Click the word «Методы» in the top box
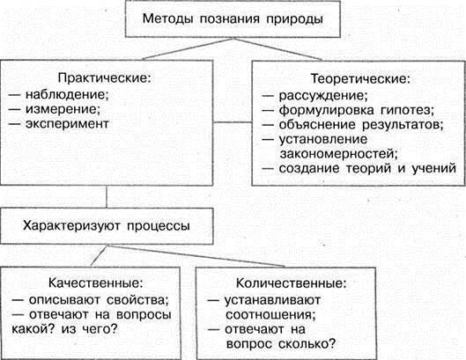point(168,19)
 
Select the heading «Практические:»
point(104,78)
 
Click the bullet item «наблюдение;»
point(67,94)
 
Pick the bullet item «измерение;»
point(63,109)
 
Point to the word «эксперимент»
point(67,124)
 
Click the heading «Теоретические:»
point(360,79)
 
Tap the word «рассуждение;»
point(323,96)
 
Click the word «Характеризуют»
point(71,226)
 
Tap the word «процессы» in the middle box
point(159,226)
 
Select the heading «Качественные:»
point(96,283)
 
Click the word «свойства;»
point(137,300)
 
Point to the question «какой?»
point(33,329)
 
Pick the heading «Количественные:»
point(292,283)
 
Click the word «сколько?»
point(307,344)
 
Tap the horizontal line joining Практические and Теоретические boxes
point(233,122)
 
